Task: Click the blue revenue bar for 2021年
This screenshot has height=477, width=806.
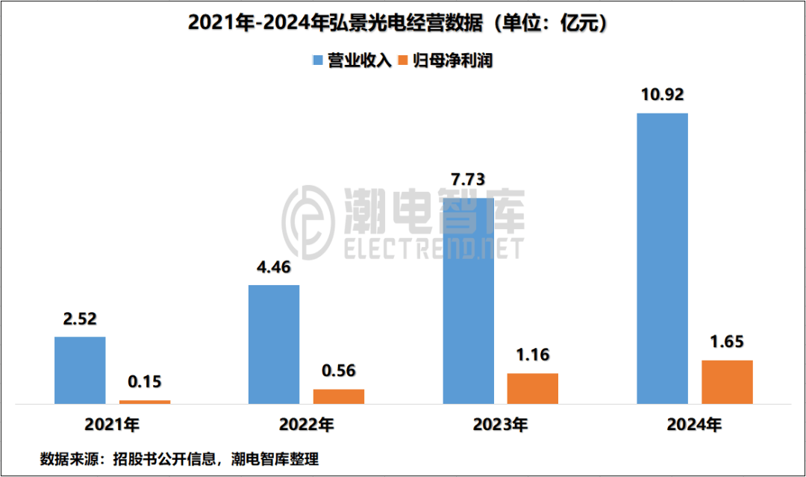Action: [80, 370]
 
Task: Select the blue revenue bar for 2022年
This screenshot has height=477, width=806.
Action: [274, 344]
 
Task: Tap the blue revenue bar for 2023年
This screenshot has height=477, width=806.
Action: [468, 301]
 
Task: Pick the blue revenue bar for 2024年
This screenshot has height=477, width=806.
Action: [662, 258]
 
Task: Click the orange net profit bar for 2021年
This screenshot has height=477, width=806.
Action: [145, 402]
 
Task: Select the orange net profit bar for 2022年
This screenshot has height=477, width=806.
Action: [339, 396]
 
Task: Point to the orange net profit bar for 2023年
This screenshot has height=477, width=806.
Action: [533, 388]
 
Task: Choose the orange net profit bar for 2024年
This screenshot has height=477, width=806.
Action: [727, 382]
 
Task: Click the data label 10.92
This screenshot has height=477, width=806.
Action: [662, 95]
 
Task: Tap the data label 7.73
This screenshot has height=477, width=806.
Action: [468, 179]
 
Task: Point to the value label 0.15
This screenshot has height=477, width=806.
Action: [145, 381]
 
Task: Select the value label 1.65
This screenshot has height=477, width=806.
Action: [727, 342]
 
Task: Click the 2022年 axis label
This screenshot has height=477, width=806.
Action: [306, 425]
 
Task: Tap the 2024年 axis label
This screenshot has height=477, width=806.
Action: [694, 425]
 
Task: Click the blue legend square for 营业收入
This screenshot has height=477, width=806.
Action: [317, 60]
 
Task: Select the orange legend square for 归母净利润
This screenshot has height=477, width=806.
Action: [404, 60]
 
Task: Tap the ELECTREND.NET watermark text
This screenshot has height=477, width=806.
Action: [434, 249]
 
